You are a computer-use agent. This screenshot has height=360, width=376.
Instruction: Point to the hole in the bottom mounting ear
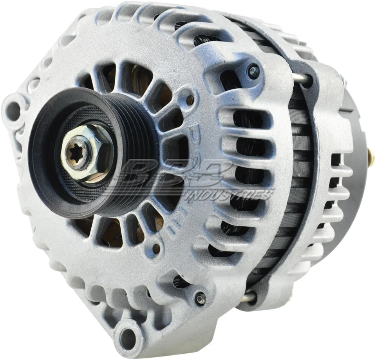coord(127,336)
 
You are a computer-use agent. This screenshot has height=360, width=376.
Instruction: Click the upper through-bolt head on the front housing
coord(253,71)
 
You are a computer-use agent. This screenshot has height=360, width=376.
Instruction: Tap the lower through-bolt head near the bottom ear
coord(201,298)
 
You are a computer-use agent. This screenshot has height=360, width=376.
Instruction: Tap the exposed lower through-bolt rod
coord(248,298)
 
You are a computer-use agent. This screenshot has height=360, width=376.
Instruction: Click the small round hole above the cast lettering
coord(190,100)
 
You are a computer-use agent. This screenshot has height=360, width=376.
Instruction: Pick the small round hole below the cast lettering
coord(156,248)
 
